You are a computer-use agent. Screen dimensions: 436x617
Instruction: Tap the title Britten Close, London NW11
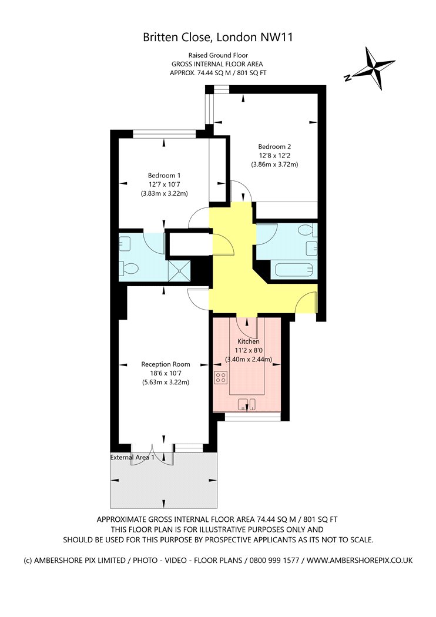click(218, 38)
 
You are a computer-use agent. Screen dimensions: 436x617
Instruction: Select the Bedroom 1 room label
click(164, 176)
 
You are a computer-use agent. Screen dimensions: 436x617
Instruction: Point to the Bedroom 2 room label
click(274, 147)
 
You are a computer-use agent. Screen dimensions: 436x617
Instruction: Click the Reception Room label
click(166, 364)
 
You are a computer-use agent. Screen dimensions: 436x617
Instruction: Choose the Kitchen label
click(249, 341)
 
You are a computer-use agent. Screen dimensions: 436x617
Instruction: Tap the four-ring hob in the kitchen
click(221, 378)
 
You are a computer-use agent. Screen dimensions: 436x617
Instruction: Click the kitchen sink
click(247, 404)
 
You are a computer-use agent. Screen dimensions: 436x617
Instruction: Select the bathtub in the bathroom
click(294, 270)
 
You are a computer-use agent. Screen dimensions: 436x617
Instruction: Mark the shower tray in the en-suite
click(179, 271)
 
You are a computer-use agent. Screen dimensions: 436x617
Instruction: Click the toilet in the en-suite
click(129, 269)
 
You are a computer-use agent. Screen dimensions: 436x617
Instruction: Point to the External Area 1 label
click(132, 457)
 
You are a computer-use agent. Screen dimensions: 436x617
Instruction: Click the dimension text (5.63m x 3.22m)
click(166, 382)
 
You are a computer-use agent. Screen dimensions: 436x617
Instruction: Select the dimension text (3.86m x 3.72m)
click(274, 165)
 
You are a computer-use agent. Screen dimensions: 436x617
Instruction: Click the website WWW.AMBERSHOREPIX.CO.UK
click(360, 561)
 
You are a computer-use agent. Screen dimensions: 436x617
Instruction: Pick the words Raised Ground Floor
click(218, 55)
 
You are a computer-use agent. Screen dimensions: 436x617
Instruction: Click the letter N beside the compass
click(347, 78)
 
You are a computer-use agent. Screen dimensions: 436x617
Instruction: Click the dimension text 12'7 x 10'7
click(164, 185)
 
